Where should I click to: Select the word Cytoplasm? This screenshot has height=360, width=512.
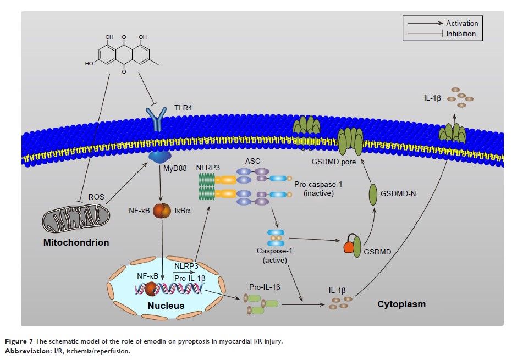pos(401,304)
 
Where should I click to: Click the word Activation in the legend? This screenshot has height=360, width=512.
pos(462,23)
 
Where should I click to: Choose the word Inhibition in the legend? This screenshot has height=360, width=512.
pos(461,34)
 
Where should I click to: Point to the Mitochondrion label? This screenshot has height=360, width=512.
pos(76,242)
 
